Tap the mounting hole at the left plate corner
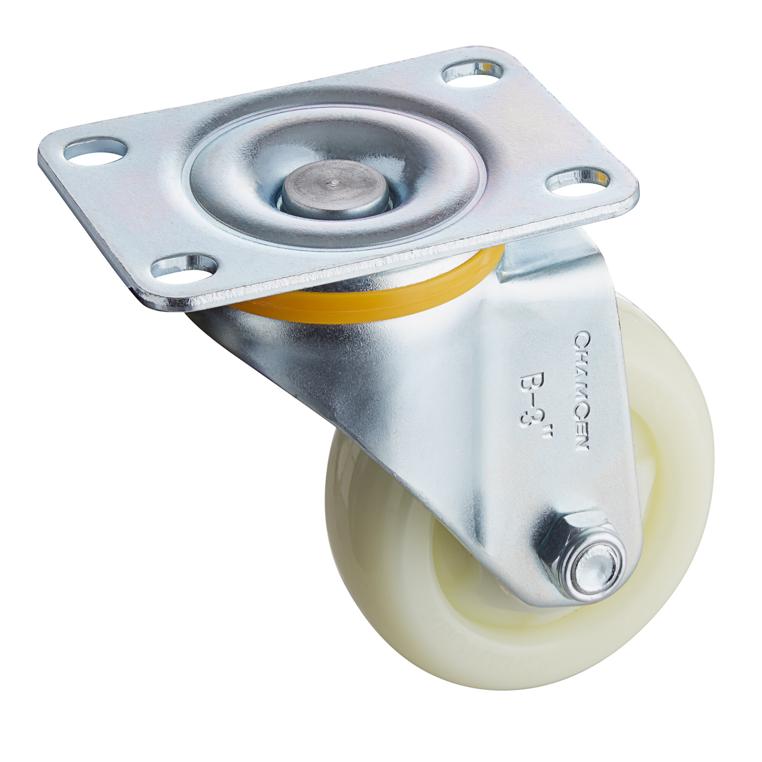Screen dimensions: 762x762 (95, 150)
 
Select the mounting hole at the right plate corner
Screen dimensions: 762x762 (578, 182)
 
